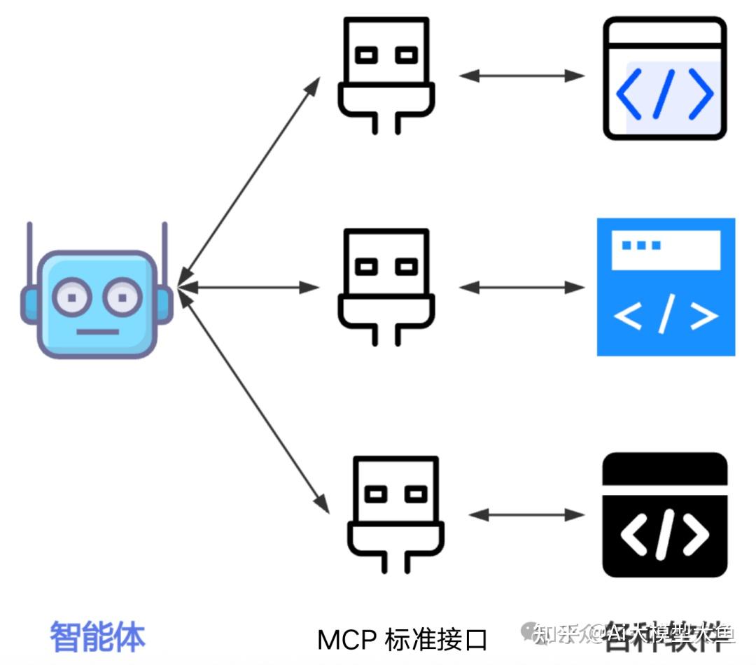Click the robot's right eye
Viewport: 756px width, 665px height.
coord(122,297)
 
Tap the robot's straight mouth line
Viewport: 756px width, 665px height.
coord(97,331)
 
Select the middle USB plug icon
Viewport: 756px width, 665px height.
coord(386,286)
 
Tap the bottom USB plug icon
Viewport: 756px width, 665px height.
coord(395,514)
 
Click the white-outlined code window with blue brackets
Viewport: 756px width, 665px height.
coord(664,78)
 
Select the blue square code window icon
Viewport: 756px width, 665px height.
coord(665,287)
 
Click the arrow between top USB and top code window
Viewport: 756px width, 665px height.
coord(521,76)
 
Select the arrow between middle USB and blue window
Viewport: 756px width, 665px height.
coord(521,287)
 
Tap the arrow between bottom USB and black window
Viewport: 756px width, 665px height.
coord(526,515)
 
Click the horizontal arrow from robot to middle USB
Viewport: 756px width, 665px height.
coord(248,287)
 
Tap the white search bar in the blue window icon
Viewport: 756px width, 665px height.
coord(665,250)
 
